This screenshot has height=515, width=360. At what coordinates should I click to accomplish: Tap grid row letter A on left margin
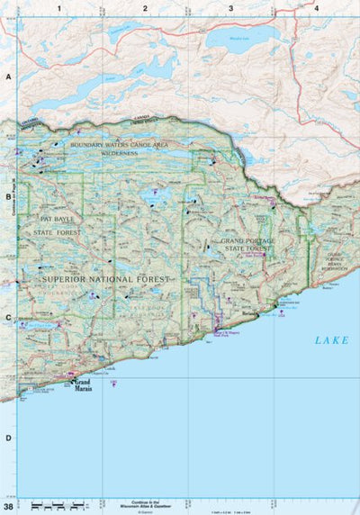pos(8,78)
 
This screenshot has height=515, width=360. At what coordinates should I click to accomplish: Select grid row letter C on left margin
pos(8,317)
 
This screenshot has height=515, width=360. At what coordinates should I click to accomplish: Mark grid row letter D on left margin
pos(8,438)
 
